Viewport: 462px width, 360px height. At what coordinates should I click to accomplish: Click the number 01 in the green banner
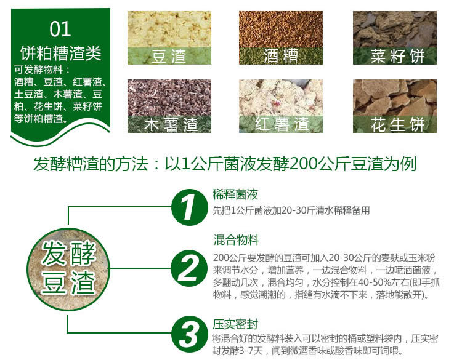[60, 28]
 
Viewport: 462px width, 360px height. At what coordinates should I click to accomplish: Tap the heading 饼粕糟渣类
[60, 53]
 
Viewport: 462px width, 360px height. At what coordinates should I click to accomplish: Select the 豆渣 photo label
[169, 57]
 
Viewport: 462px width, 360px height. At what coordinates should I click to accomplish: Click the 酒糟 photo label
[282, 57]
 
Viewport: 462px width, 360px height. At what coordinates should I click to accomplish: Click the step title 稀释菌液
[235, 195]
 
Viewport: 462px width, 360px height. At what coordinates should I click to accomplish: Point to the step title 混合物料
[236, 239]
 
